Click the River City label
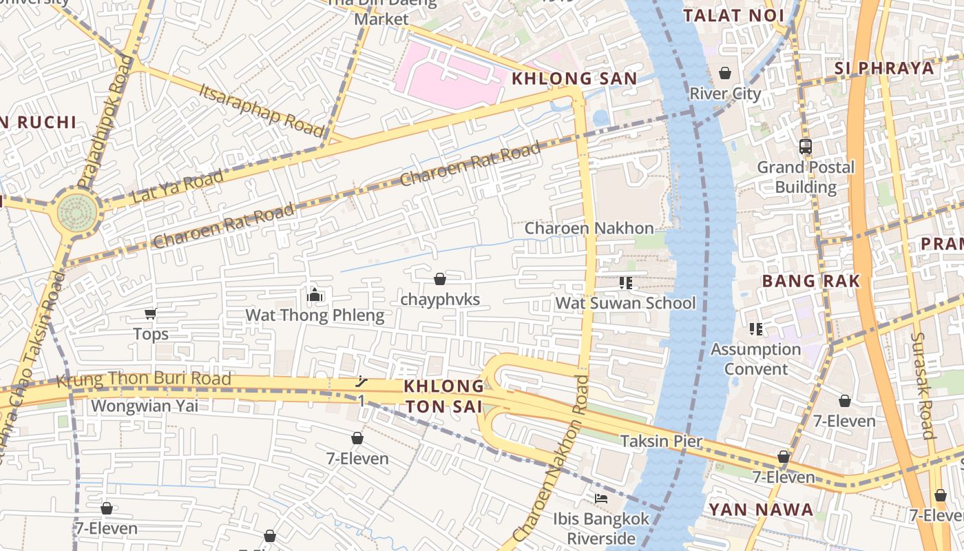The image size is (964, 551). pos(725,94)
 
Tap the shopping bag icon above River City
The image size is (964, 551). pos(725,73)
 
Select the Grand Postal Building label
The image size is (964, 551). pos(806,177)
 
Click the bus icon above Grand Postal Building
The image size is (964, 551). pos(806,146)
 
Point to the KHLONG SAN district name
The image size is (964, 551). pos(574,79)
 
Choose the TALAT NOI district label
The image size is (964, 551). pos(733,16)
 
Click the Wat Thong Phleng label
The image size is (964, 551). pos(315,315)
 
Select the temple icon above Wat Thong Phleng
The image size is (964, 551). pos(315,295)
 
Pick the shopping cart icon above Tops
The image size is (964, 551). pos(150,314)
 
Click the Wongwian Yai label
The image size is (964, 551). pos(145,406)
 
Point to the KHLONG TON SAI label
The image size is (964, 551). pos(444,396)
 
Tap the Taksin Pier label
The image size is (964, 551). pos(661,441)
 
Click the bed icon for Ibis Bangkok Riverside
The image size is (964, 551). pos(601,498)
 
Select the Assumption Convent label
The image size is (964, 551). pos(755,359)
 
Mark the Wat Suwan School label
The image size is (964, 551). pos(625,303)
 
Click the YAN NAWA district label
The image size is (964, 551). pos(761,510)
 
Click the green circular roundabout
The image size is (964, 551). pos(77,209)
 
